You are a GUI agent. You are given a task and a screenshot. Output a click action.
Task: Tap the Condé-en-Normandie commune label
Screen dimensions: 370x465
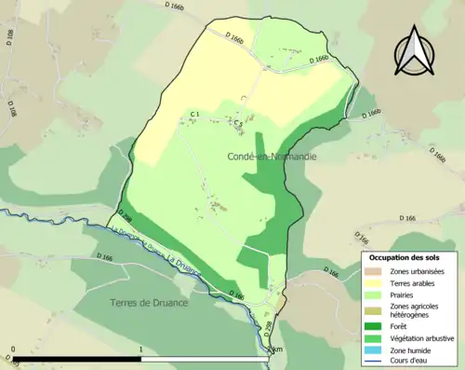[x=272, y=157]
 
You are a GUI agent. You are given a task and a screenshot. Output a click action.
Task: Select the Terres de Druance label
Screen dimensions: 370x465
[x=148, y=303]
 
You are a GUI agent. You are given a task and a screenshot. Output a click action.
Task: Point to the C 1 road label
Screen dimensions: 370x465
[x=195, y=115]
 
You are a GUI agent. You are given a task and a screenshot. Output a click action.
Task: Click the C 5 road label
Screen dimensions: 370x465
[x=238, y=122]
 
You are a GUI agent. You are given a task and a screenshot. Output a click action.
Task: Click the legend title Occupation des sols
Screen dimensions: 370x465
[x=411, y=256]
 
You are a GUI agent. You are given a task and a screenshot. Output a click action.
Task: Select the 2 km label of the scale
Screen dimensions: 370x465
[x=272, y=350]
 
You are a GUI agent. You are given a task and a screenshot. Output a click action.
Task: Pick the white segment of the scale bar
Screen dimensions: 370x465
[x=205, y=359]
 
